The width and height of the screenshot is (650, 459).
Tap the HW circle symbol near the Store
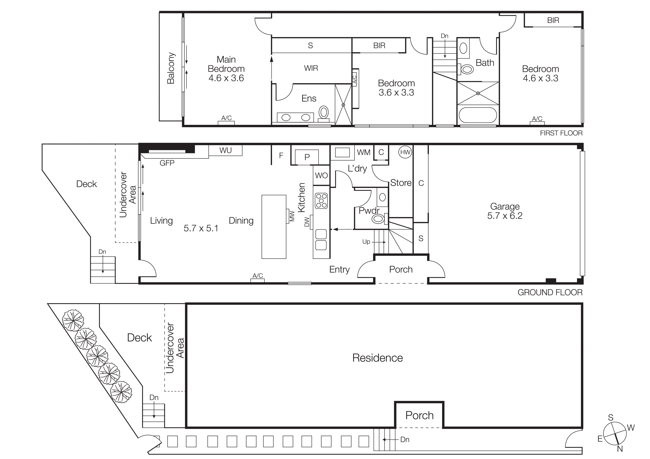(405, 152)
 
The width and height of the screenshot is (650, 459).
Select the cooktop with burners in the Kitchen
(321, 201)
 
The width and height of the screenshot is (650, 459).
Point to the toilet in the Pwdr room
(378, 219)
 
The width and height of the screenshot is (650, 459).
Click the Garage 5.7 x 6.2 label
(505, 211)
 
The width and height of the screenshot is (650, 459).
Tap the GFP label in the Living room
(167, 163)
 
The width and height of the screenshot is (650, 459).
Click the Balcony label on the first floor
(171, 68)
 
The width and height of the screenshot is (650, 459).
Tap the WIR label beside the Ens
(311, 68)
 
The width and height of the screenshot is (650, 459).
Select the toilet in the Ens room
(324, 112)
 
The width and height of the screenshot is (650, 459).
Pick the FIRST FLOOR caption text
(561, 133)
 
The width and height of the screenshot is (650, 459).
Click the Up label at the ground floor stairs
(366, 242)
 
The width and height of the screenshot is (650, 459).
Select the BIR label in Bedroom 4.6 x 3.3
(553, 20)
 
